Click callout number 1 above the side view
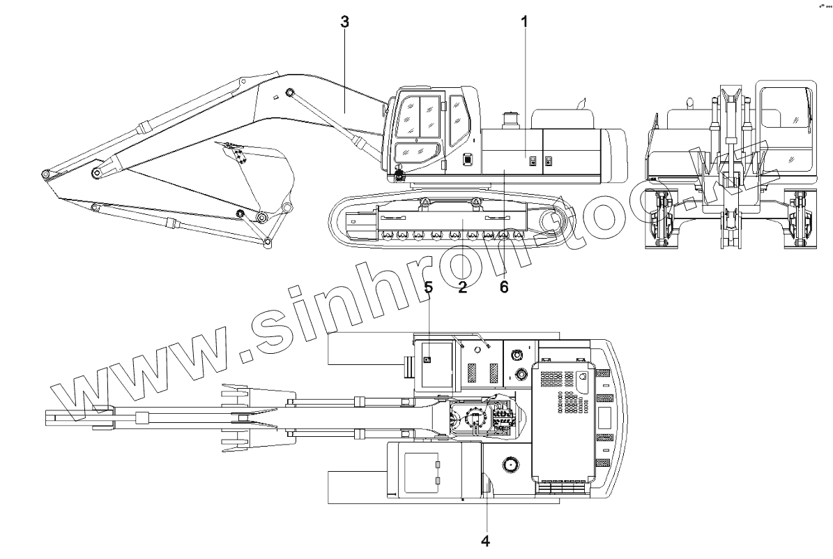[524, 21]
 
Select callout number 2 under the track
[462, 287]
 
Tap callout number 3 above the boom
[344, 21]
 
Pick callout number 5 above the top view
[429, 287]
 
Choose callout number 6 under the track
[504, 287]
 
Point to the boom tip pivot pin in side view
[45, 173]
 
